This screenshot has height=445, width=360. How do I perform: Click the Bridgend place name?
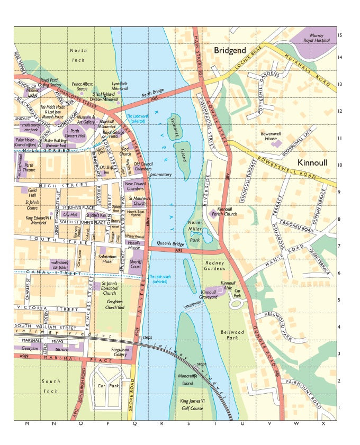[230, 50]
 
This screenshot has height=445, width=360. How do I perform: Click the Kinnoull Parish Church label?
[224, 212]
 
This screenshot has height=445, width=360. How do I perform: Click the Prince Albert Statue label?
[82, 87]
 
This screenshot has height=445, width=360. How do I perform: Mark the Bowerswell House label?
[273, 137]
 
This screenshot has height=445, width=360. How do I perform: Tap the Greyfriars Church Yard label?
[114, 303]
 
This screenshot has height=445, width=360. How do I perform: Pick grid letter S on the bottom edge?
[162, 424]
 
